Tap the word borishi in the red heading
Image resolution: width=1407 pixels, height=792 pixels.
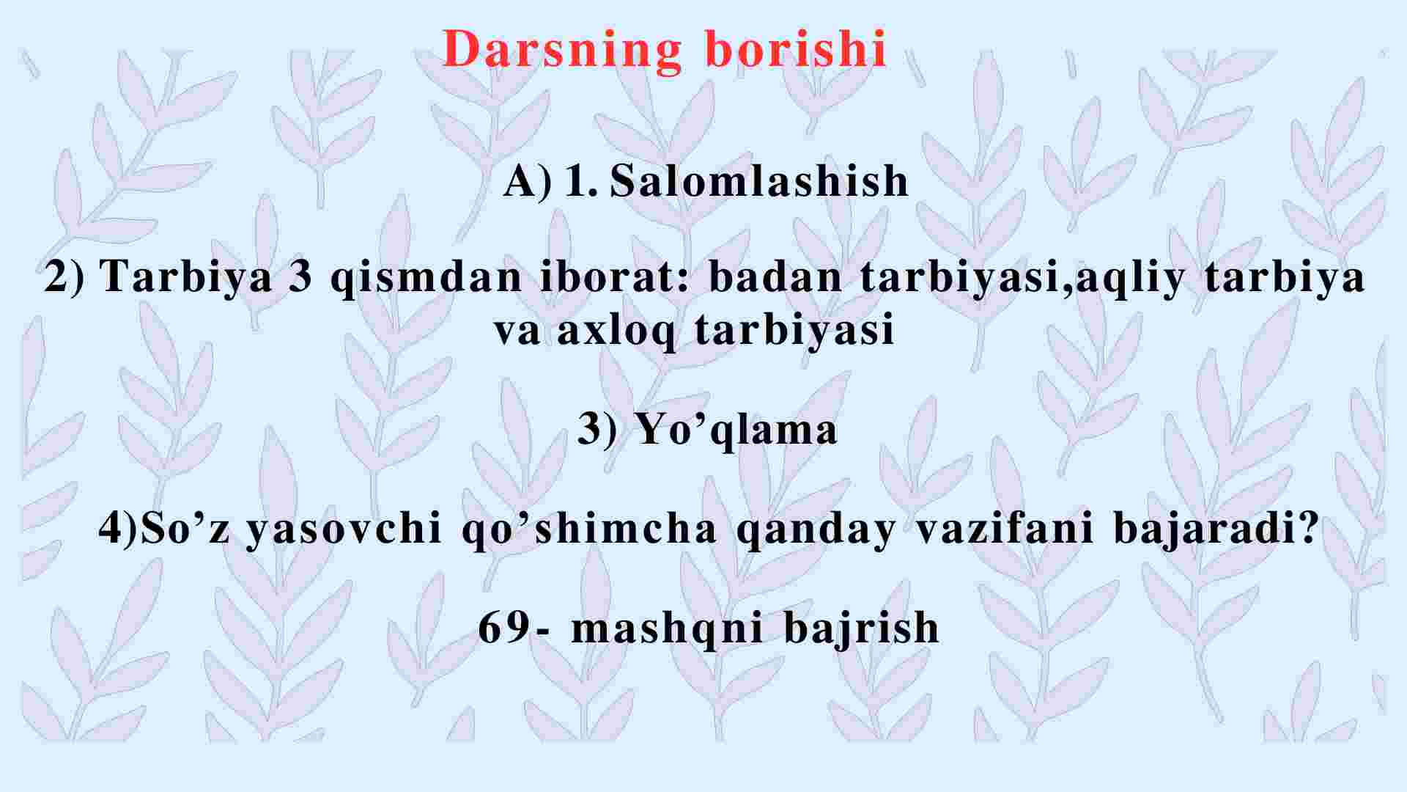(x=796, y=49)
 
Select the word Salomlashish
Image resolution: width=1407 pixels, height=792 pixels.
(x=759, y=180)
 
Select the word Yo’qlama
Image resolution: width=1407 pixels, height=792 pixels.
(x=736, y=430)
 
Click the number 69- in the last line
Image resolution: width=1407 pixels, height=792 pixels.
(x=513, y=628)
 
